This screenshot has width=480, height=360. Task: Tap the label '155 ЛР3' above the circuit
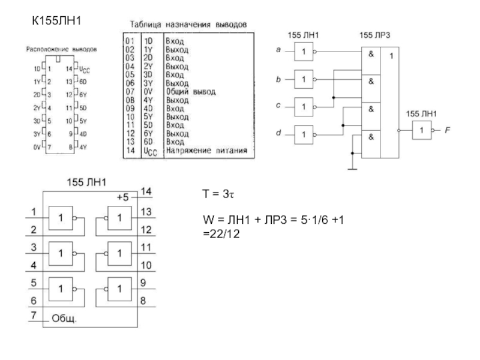(x=374, y=36)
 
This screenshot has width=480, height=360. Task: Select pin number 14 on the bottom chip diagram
(x=145, y=190)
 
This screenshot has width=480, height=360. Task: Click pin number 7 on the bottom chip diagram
(x=34, y=314)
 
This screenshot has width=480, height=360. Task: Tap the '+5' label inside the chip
(x=123, y=197)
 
